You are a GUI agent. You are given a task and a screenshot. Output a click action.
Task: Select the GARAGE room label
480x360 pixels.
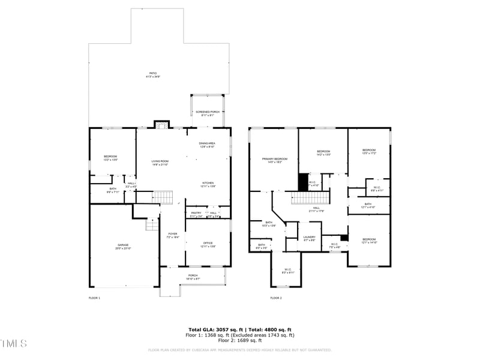(123, 246)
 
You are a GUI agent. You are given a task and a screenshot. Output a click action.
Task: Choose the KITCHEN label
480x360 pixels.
(208, 184)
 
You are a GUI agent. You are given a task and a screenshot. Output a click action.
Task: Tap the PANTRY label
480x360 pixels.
(196, 214)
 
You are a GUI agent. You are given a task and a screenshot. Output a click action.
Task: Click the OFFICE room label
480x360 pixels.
(208, 243)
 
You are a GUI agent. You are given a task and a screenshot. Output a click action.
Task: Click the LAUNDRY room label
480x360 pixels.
(309, 238)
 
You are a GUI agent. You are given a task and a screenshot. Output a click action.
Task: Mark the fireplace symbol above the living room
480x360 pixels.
(160, 125)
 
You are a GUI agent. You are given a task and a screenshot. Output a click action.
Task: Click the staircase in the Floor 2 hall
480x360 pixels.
(311, 197)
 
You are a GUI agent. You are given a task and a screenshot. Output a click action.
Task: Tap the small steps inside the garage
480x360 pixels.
(151, 224)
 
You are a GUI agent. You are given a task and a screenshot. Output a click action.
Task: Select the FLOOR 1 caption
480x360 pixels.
(94, 298)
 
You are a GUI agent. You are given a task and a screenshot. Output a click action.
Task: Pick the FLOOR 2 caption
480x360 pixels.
(276, 298)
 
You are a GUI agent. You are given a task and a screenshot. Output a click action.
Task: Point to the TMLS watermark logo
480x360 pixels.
(13, 344)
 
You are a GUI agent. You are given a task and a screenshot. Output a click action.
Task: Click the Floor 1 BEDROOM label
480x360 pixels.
(110, 158)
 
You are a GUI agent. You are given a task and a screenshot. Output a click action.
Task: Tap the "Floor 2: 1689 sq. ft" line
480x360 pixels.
(240, 341)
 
